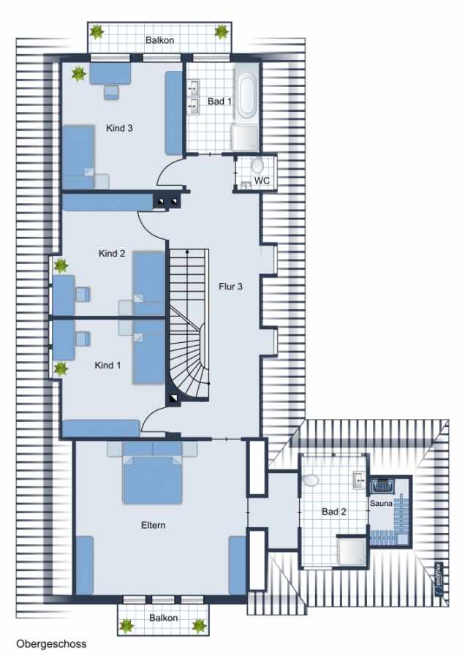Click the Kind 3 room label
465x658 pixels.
click(x=119, y=128)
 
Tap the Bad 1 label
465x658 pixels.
click(x=219, y=101)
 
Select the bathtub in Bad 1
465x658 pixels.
click(x=246, y=95)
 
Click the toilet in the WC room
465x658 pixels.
click(x=257, y=165)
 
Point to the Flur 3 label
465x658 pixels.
click(x=230, y=287)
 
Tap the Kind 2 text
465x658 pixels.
click(x=112, y=254)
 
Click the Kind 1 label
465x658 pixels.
click(x=107, y=365)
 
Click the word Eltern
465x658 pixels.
click(x=154, y=525)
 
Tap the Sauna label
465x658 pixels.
click(x=381, y=503)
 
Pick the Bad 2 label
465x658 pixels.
click(x=334, y=512)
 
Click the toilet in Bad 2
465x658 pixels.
click(x=310, y=480)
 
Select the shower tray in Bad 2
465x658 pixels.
click(x=352, y=552)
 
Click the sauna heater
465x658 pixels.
click(x=382, y=486)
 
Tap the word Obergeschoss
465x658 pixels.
click(x=51, y=643)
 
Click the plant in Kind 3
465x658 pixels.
click(x=78, y=75)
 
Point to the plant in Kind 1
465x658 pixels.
click(x=61, y=369)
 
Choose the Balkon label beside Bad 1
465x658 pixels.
click(x=159, y=40)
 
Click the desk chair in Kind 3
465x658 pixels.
click(x=111, y=92)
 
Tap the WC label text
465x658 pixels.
click(x=262, y=181)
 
